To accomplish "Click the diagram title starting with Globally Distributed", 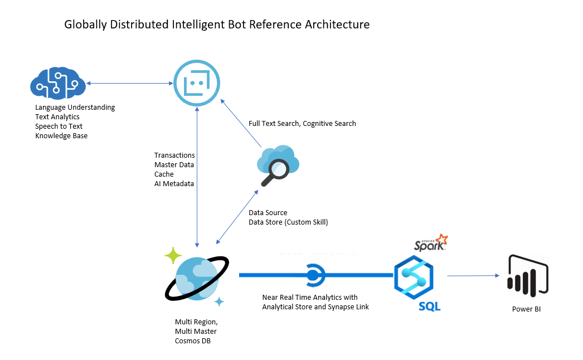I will click(217, 25).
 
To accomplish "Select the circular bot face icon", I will click(196, 84).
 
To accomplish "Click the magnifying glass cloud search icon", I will click(278, 166).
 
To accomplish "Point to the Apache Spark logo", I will click(431, 243).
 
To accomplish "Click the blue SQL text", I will click(429, 306).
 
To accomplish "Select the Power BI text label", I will click(526, 309).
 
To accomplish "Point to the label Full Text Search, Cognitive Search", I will click(302, 123).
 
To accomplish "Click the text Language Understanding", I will click(75, 107).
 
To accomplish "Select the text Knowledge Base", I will click(61, 135).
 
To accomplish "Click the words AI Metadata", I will click(174, 183).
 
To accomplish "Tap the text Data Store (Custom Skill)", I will click(288, 222).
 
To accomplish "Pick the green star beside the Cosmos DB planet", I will click(173, 255).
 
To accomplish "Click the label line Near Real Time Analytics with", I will click(310, 297).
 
